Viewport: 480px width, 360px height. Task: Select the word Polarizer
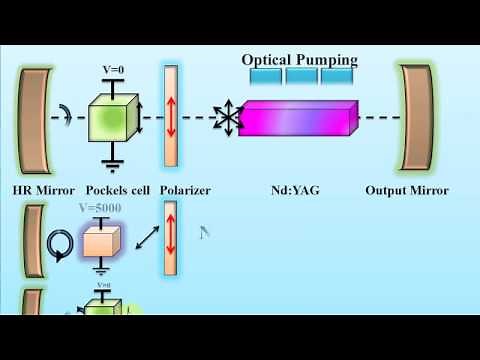click(183, 189)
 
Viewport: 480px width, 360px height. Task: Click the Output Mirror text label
click(407, 189)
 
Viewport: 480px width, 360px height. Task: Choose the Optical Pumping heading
click(297, 59)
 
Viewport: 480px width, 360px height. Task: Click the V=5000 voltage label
click(104, 209)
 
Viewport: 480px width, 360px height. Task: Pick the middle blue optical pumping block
click(303, 75)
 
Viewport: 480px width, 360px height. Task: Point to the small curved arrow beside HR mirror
click(67, 117)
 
